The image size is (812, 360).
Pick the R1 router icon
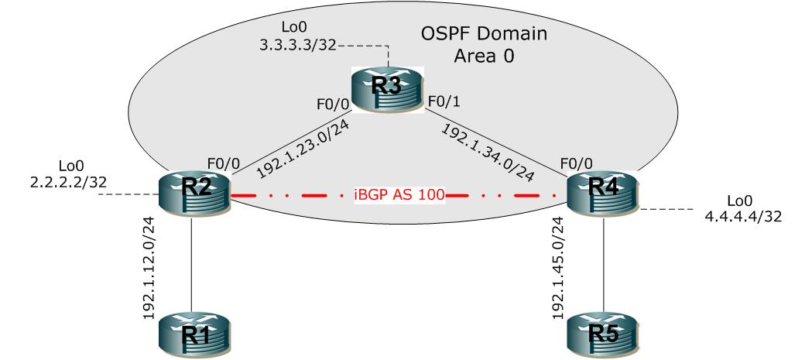click(194, 337)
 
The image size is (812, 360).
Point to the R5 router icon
click(602, 337)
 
